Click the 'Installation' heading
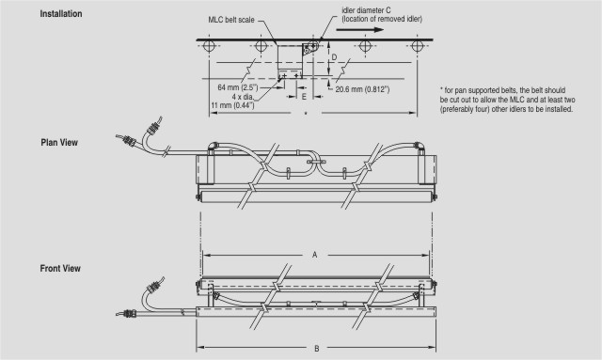(x=61, y=14)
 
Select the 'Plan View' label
(x=59, y=142)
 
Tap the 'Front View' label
(x=60, y=268)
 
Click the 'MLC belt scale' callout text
(x=231, y=20)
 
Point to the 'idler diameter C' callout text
(x=366, y=10)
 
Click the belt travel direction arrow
(x=359, y=29)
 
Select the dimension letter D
(x=334, y=57)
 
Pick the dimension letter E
(x=304, y=97)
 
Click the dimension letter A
(x=315, y=255)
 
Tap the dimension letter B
(x=317, y=349)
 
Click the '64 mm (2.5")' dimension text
(x=238, y=87)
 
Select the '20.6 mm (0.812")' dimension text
(x=362, y=89)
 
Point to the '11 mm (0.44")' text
(x=232, y=105)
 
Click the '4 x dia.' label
(x=243, y=96)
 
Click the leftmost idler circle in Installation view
(x=209, y=46)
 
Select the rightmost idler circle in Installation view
(x=418, y=46)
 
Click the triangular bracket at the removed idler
(x=309, y=49)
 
